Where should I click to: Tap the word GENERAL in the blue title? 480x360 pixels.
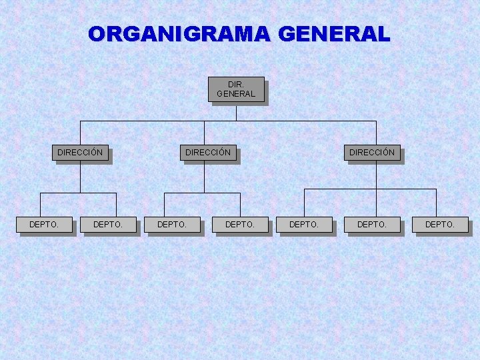tap(331, 34)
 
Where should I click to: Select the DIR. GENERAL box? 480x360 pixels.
tap(236, 89)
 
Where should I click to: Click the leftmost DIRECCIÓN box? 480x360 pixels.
tap(80, 153)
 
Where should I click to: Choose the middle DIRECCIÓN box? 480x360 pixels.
tap(208, 153)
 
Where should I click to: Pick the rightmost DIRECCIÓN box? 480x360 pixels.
tap(372, 153)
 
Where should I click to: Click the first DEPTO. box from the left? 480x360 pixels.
tap(44, 225)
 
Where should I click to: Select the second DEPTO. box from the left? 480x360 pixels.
tap(108, 225)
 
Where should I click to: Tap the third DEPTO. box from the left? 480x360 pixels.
tap(172, 225)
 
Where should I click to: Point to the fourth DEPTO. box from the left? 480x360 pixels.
tap(240, 225)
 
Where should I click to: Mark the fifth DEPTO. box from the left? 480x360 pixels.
tap(304, 225)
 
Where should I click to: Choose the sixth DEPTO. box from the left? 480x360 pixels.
tap(372, 225)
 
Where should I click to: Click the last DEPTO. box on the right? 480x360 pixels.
tap(440, 225)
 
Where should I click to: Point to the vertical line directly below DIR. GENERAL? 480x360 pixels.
tap(236, 112)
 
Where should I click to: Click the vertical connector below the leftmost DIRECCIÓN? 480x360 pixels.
tap(80, 177)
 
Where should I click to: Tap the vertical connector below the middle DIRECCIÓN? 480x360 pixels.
tap(204, 177)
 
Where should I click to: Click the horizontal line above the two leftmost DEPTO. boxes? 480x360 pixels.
tap(60, 193)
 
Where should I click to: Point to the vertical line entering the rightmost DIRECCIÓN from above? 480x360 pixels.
tap(376, 133)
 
